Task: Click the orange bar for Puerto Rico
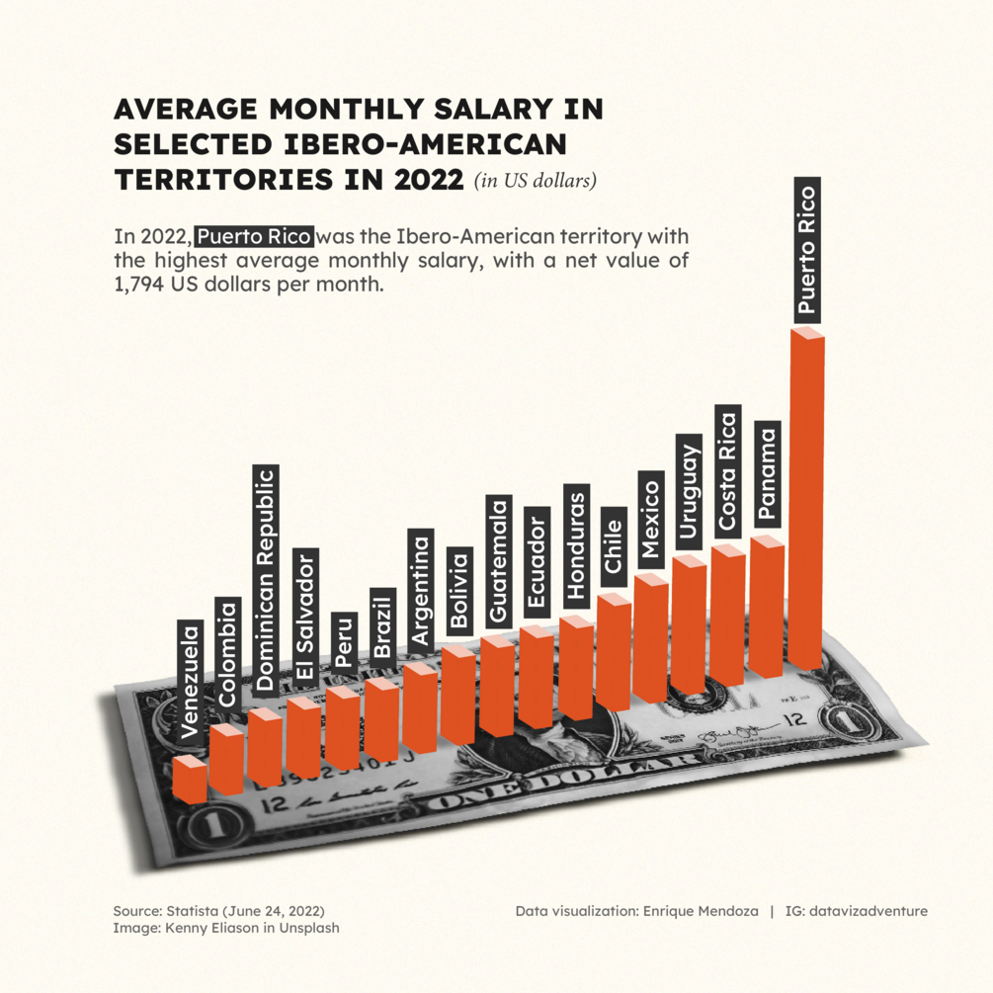807,504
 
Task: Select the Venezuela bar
189,779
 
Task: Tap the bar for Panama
767,608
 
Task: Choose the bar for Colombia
226,760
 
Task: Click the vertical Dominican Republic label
266,578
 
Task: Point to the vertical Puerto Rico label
807,249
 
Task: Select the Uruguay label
689,492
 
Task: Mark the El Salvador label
304,614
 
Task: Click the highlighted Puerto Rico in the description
255,237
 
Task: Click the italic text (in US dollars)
535,182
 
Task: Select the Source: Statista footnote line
218,910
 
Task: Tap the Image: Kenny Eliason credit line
226,928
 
